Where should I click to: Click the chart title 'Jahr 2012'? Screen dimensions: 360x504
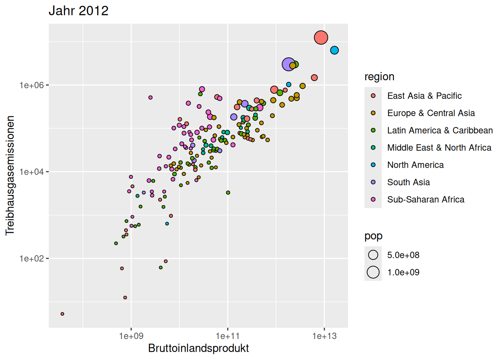(x=78, y=10)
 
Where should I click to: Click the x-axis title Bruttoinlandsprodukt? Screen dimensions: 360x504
(x=198, y=348)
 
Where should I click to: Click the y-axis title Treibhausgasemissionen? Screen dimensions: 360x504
(x=10, y=175)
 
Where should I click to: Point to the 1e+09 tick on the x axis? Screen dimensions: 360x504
(x=131, y=336)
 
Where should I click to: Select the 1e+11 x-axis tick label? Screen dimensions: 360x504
(x=228, y=336)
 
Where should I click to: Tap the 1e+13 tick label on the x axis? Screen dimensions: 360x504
(x=324, y=336)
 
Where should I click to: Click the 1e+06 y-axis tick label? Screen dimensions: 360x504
(x=31, y=85)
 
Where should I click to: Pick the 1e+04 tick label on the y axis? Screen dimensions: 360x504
(x=31, y=172)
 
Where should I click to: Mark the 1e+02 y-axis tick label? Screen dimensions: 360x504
(x=31, y=258)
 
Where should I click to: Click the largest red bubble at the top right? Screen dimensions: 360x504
(x=321, y=37)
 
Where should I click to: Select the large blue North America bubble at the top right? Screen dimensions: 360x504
(x=334, y=50)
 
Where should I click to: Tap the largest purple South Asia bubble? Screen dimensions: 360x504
(x=288, y=64)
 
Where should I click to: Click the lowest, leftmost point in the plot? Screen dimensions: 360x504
(x=62, y=314)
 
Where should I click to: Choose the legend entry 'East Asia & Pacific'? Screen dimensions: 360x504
(x=424, y=96)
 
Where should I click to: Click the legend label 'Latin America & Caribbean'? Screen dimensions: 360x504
(x=440, y=130)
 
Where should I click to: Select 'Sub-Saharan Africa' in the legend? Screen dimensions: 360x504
(x=426, y=199)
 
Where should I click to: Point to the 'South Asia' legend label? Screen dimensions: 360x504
(x=408, y=182)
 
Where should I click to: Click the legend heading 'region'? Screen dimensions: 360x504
(x=379, y=76)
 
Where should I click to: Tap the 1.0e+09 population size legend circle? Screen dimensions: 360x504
(x=373, y=272)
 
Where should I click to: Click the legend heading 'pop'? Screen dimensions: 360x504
(x=373, y=236)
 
